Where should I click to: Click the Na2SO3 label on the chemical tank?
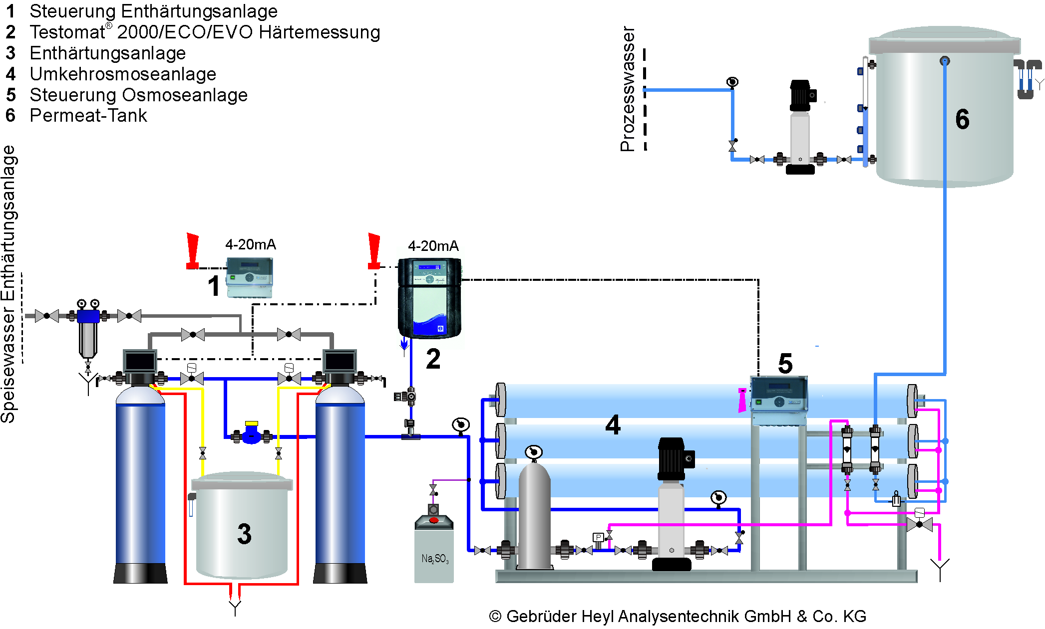(434, 559)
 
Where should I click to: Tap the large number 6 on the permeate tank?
(962, 120)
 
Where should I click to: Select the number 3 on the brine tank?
(244, 534)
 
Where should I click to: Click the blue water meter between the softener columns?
(252, 435)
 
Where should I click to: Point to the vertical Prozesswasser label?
(628, 89)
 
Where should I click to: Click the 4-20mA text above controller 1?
(250, 244)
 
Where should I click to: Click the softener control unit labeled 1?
(249, 277)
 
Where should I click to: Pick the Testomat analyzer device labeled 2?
(429, 297)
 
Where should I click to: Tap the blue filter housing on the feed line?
(88, 317)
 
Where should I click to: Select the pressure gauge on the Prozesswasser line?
(732, 82)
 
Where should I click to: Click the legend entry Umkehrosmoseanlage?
(123, 74)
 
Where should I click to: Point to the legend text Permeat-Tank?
(88, 116)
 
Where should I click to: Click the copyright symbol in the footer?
(495, 617)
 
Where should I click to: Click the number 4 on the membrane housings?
(613, 425)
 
